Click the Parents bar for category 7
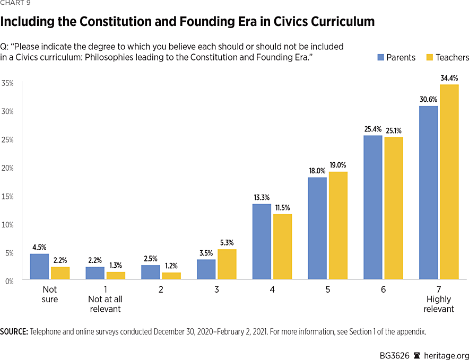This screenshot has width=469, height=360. (x=428, y=192)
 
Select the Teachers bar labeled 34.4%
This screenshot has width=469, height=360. (x=449, y=182)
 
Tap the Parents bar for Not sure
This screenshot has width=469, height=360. (x=39, y=266)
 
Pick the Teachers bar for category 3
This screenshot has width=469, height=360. (x=227, y=264)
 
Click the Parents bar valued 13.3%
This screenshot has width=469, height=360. (x=261, y=241)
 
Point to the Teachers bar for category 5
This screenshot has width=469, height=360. (x=337, y=225)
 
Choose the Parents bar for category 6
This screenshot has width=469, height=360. (x=372, y=207)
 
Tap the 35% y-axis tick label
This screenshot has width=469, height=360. (x=7, y=83)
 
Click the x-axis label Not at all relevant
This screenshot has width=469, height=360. (x=105, y=299)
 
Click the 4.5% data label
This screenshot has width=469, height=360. (x=39, y=247)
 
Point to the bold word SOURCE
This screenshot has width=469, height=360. (x=14, y=332)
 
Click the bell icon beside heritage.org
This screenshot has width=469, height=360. (x=417, y=355)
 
